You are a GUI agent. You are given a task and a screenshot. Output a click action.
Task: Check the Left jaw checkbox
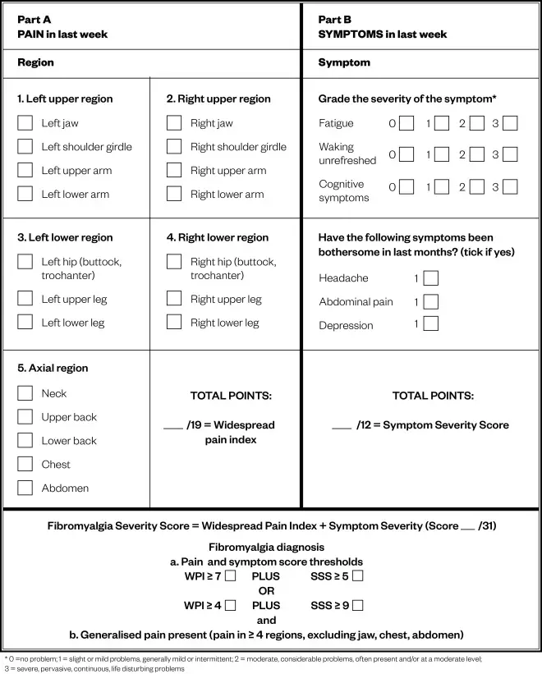click(x=25, y=123)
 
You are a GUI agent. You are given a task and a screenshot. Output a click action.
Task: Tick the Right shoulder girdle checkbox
click(x=174, y=147)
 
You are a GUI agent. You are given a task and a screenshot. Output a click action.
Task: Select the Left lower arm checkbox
click(x=25, y=195)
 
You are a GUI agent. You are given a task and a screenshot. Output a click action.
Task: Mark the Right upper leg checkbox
click(x=174, y=299)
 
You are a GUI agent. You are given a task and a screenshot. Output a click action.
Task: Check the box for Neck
click(x=25, y=393)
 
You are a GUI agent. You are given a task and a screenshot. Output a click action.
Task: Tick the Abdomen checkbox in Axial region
click(x=25, y=488)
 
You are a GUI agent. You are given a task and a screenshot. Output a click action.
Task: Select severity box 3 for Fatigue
click(x=510, y=123)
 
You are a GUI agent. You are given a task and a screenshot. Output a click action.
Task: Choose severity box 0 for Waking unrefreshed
click(x=406, y=154)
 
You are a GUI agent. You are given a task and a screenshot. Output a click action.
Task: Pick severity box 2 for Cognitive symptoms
click(x=476, y=186)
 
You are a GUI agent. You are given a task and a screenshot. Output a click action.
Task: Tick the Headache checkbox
click(x=431, y=278)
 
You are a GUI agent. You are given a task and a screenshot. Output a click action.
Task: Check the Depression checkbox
click(x=431, y=324)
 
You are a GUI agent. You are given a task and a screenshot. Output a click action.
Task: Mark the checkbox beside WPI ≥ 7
click(x=230, y=575)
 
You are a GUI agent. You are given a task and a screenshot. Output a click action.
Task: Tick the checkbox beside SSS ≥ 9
click(x=357, y=606)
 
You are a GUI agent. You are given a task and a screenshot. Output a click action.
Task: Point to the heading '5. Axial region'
click(x=53, y=369)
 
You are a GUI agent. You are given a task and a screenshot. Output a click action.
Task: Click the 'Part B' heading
click(x=335, y=19)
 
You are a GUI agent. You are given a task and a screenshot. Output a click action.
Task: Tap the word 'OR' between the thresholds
click(x=266, y=591)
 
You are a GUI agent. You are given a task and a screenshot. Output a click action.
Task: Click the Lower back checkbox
click(x=25, y=440)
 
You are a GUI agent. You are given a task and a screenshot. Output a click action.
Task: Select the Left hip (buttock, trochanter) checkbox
click(x=25, y=262)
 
